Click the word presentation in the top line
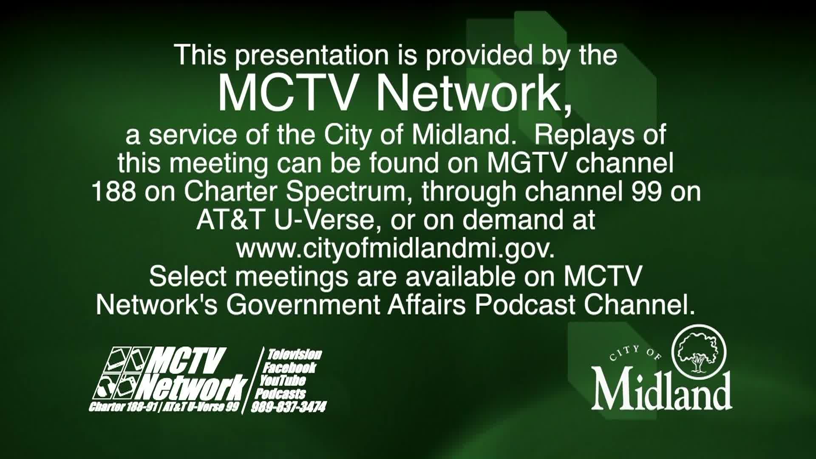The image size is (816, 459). coord(312,56)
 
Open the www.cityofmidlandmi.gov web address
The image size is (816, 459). coord(396,249)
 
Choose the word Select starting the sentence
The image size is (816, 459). coord(188,276)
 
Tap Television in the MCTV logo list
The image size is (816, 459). coord(294,354)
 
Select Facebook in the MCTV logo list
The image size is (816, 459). coord(289,367)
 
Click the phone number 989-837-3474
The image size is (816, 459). coord(289,407)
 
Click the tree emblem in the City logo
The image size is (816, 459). coord(699,351)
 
